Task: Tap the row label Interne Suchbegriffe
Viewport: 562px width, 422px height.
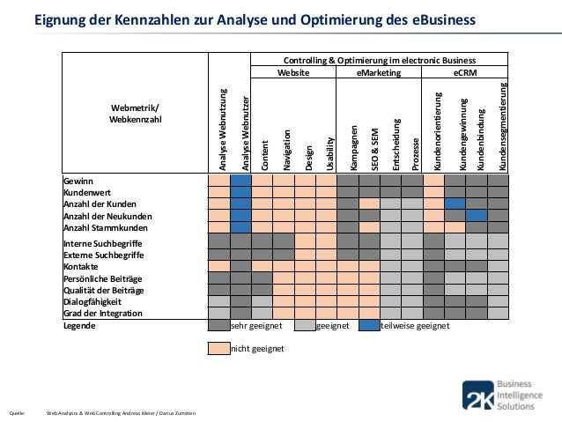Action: point(102,243)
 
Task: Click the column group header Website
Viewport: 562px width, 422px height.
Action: point(292,75)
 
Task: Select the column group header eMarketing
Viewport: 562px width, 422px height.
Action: point(379,75)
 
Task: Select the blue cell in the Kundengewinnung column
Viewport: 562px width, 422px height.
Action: point(455,204)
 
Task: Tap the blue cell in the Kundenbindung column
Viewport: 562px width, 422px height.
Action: point(477,216)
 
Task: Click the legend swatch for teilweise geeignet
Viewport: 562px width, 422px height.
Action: point(369,325)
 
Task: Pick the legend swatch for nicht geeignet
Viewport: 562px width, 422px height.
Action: point(218,348)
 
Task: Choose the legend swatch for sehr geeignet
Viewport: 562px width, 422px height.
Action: point(218,325)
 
